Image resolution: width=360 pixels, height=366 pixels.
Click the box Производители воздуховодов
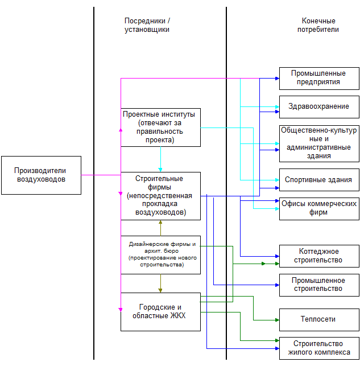coord(40,175)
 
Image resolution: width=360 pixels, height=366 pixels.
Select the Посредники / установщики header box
coord(147,26)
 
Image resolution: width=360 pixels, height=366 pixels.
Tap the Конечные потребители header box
coord(318,26)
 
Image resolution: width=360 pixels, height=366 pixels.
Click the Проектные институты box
coord(160,127)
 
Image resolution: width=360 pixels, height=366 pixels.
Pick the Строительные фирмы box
coord(160,196)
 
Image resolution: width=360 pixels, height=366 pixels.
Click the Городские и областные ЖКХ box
coord(160,311)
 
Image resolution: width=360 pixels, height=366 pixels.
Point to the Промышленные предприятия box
coord(318,78)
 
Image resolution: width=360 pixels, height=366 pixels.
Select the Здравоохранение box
coord(318,106)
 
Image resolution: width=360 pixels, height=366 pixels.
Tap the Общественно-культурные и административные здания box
coord(318,143)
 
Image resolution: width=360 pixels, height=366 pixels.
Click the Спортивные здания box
coord(318,180)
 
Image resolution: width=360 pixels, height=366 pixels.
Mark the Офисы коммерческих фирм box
coord(318,208)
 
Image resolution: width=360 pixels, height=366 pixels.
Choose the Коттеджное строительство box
coord(318,256)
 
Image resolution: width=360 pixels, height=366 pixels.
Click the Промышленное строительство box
coord(318,285)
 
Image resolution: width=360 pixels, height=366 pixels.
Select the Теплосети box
coord(318,319)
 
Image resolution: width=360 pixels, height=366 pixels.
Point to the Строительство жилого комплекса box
coord(318,348)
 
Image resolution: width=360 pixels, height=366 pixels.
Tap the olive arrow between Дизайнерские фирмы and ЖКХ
coord(161,283)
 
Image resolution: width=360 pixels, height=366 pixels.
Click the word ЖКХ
coord(178,316)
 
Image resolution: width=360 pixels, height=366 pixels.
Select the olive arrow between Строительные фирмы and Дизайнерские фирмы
coord(161,228)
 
